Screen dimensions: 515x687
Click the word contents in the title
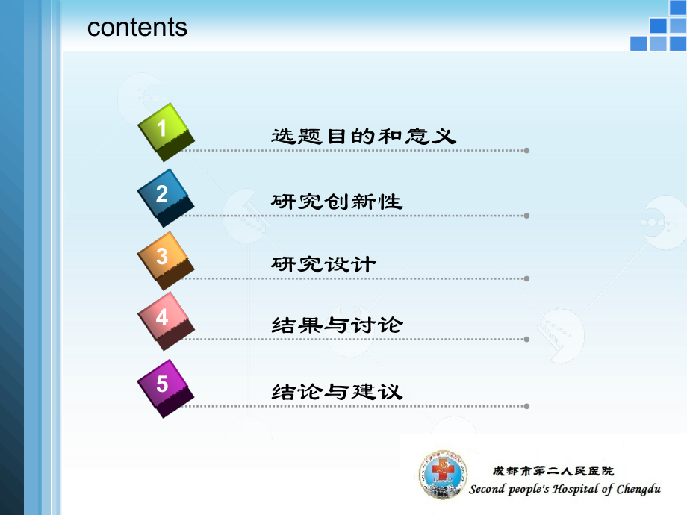[137, 28]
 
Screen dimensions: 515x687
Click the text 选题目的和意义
[363, 137]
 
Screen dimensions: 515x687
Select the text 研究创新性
[337, 201]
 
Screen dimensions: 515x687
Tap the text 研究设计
[324, 264]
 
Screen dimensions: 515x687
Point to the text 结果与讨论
[337, 325]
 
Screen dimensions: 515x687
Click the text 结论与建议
[337, 391]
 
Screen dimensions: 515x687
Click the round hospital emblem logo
[441, 475]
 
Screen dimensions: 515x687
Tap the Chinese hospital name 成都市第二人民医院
[553, 471]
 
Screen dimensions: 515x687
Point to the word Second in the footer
[488, 490]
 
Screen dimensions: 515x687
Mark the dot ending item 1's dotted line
[527, 150]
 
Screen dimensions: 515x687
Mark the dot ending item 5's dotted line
[527, 406]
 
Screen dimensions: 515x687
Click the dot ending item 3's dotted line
[527, 278]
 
